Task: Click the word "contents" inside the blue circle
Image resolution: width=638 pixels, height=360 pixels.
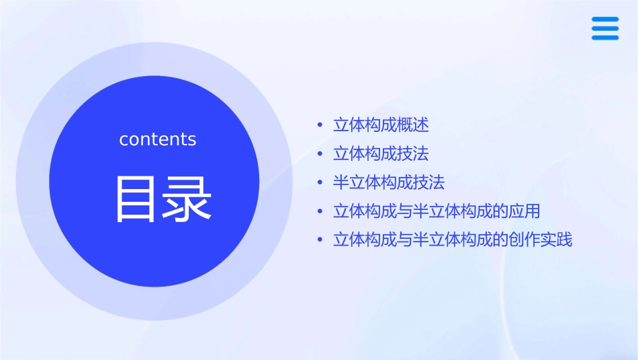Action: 158,139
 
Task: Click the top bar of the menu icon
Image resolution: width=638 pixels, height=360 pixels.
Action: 604,19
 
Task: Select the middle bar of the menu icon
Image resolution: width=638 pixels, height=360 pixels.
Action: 604,28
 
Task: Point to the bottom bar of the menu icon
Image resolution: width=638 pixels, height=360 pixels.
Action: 604,38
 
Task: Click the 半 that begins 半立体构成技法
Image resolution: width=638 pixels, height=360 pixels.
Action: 341,183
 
